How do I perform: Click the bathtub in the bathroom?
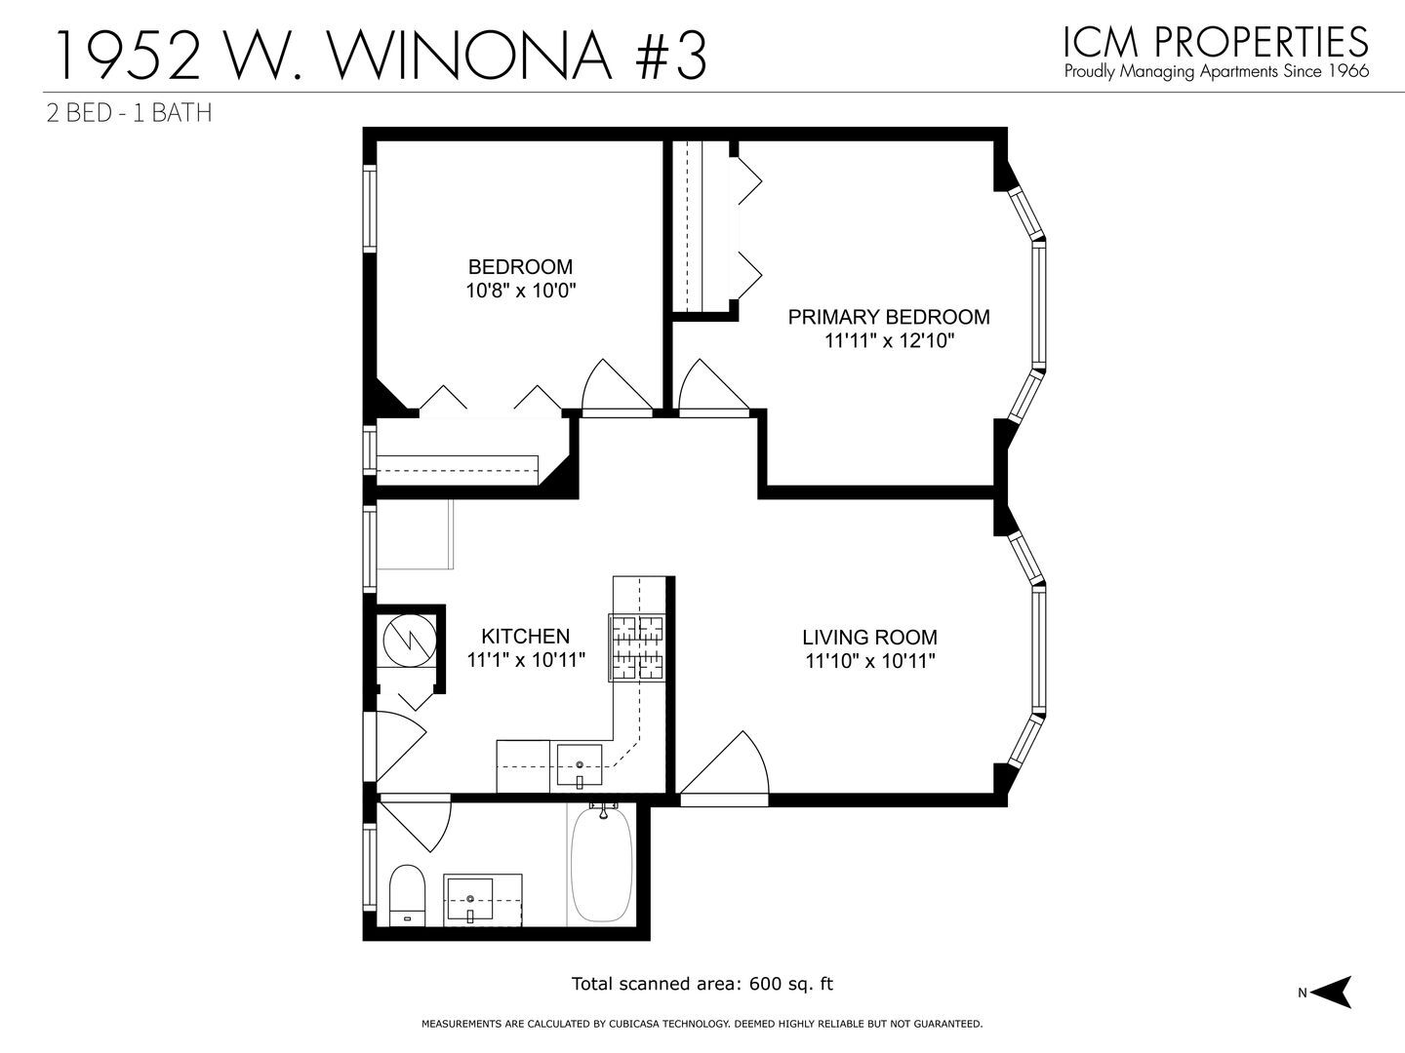[x=601, y=864]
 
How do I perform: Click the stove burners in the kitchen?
[x=636, y=646]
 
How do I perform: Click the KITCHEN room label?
[x=526, y=636]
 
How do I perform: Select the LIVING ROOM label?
[x=869, y=638]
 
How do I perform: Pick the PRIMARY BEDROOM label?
[x=888, y=317]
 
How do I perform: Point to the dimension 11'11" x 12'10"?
[x=888, y=341]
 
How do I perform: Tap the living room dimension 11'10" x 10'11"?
[x=869, y=661]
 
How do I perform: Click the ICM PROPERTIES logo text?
[x=1216, y=41]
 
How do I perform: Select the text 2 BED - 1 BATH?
[x=130, y=113]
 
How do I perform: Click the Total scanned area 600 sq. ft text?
[x=702, y=984]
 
